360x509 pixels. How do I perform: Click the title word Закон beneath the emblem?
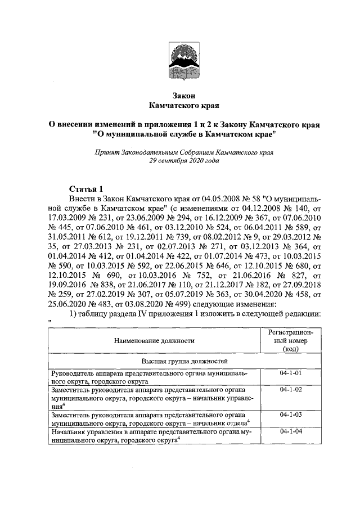179,95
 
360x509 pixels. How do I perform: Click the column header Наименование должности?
154,340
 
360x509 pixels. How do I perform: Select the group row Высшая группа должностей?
179,360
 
